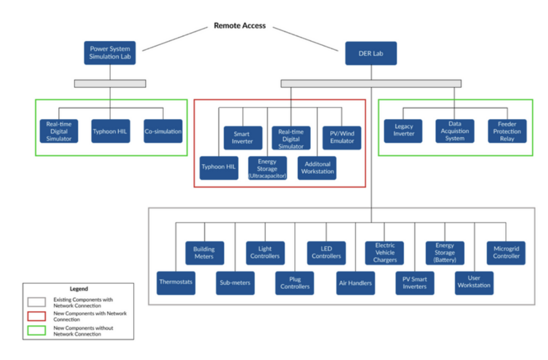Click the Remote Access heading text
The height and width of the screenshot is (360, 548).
click(x=239, y=25)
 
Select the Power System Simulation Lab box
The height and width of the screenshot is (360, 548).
click(x=110, y=53)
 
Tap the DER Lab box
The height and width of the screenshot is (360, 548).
click(x=371, y=53)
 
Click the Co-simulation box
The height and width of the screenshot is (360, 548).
click(x=163, y=131)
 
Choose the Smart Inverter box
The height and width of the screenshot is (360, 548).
click(x=242, y=138)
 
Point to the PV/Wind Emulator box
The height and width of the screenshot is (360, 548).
click(x=341, y=138)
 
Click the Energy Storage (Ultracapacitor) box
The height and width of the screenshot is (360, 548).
click(x=267, y=168)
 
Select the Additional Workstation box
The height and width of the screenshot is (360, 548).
click(x=317, y=168)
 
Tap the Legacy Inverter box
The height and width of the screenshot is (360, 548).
click(x=404, y=131)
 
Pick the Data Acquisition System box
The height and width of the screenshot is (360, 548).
click(x=454, y=131)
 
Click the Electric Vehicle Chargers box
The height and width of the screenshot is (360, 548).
click(x=385, y=252)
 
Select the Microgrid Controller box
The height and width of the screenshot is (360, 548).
click(x=506, y=252)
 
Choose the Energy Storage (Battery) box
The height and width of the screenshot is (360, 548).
click(x=445, y=252)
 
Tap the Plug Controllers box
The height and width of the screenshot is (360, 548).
click(x=295, y=282)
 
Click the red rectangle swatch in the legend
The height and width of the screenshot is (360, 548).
click(x=36, y=316)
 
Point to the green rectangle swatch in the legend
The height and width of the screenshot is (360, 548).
click(x=36, y=330)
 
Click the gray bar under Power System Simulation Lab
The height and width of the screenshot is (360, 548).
click(x=110, y=84)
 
